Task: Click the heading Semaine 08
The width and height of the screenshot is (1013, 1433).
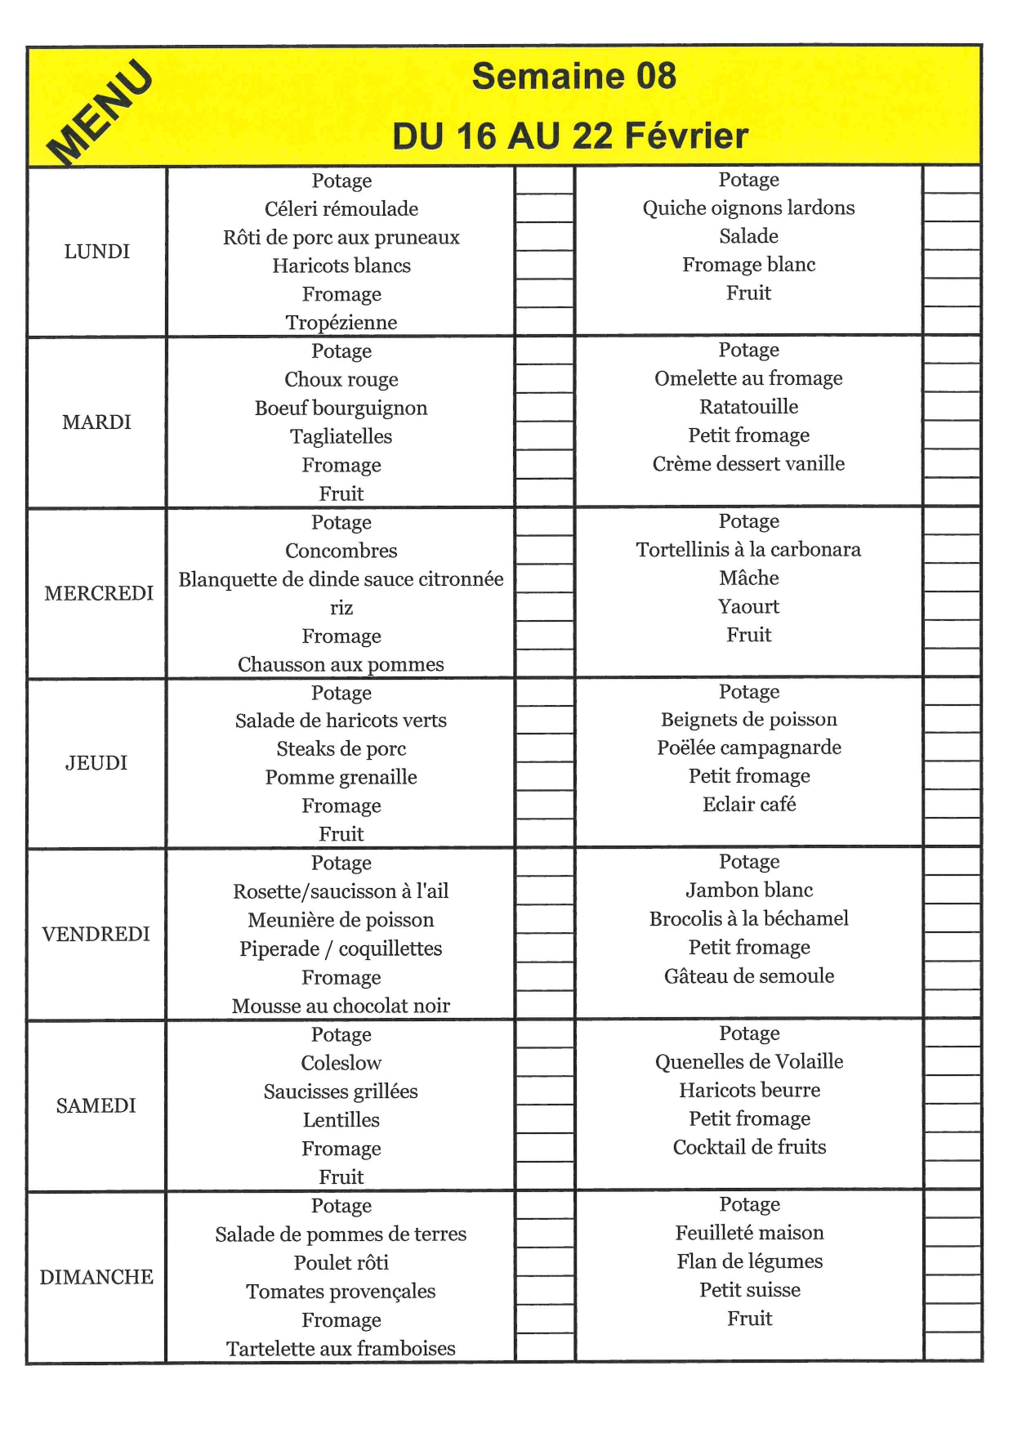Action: point(574,76)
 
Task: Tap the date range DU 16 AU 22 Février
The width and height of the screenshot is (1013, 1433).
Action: point(570,136)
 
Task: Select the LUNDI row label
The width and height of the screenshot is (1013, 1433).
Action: point(96,252)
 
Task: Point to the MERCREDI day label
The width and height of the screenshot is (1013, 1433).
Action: point(98,593)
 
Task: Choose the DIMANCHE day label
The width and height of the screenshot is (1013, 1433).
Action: point(96,1277)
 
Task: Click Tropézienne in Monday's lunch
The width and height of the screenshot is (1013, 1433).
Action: point(341,323)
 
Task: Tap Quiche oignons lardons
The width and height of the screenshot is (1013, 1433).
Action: point(748,208)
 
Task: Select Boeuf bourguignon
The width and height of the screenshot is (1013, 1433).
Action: point(341,408)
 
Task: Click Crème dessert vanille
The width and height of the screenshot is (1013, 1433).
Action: point(748,463)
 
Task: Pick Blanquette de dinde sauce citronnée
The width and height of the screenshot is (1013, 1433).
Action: point(341,579)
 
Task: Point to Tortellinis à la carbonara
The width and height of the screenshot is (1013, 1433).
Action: point(748,549)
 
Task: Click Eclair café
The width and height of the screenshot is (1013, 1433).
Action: point(748,804)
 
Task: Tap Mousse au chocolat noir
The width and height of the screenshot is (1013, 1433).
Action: point(341,1006)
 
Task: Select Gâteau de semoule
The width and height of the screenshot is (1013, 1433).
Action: point(748,975)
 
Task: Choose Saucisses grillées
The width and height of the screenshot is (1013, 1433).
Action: point(341,1091)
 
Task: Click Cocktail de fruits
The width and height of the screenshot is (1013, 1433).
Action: point(748,1147)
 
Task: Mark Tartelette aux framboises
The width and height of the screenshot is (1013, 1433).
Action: point(341,1348)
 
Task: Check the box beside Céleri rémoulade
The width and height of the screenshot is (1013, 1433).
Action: point(544,208)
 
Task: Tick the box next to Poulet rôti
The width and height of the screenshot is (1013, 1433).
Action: point(544,1261)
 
